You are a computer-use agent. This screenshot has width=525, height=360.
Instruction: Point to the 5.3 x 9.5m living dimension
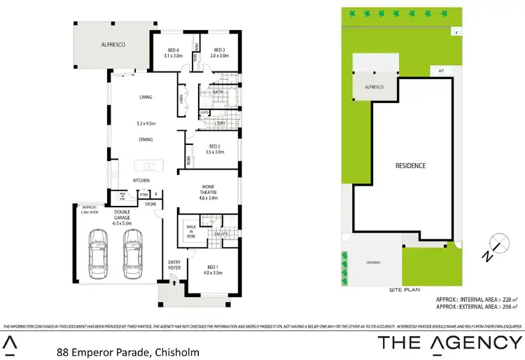(146, 124)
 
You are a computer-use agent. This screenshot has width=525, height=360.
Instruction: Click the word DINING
(146, 139)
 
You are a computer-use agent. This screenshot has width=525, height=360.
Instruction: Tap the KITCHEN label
(142, 181)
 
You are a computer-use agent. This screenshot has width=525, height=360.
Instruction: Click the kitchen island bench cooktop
(148, 167)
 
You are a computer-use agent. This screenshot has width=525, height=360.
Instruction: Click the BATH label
(218, 92)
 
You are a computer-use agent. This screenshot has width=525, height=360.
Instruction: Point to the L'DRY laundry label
(220, 123)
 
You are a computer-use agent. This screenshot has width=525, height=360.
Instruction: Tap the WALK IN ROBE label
(191, 232)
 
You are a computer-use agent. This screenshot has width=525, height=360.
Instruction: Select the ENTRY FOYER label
(174, 265)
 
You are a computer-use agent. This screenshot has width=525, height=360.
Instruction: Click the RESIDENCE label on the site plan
(411, 166)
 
